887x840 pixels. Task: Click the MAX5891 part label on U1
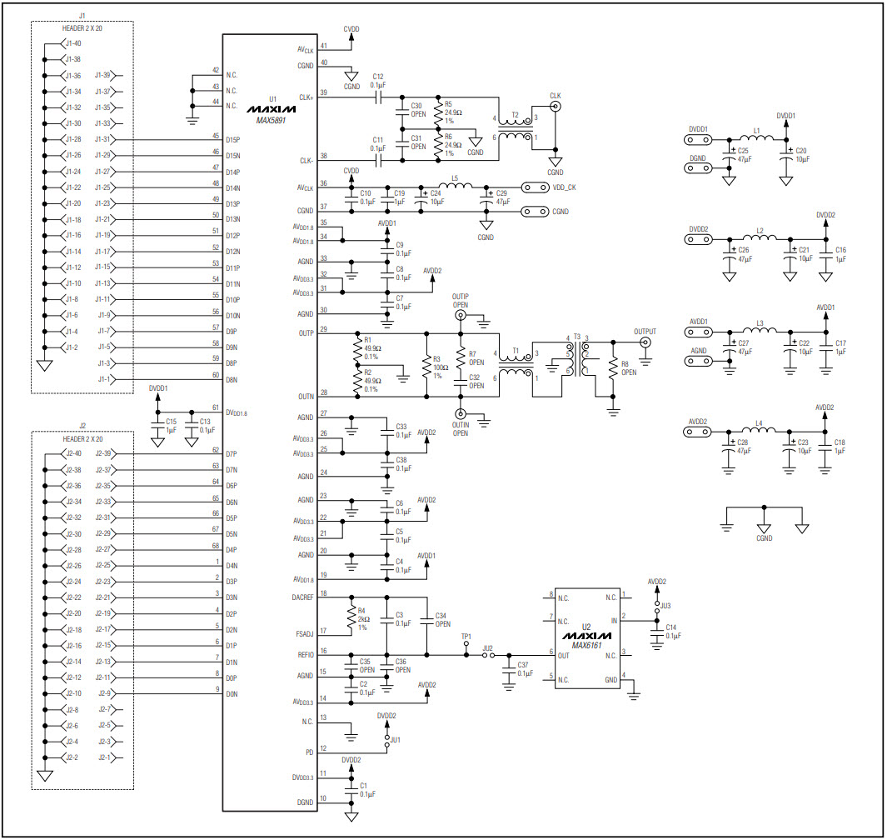271,120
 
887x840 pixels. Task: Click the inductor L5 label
455,177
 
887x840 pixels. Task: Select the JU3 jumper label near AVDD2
665,605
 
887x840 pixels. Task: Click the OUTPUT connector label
645,331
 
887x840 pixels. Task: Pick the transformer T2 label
515,115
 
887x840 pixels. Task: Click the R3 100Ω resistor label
436,360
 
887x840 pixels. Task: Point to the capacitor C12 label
377,76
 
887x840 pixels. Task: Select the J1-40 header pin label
72,43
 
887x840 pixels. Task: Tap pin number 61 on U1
216,407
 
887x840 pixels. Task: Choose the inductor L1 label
756,131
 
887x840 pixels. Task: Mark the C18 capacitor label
840,442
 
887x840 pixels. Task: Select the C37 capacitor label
523,665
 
